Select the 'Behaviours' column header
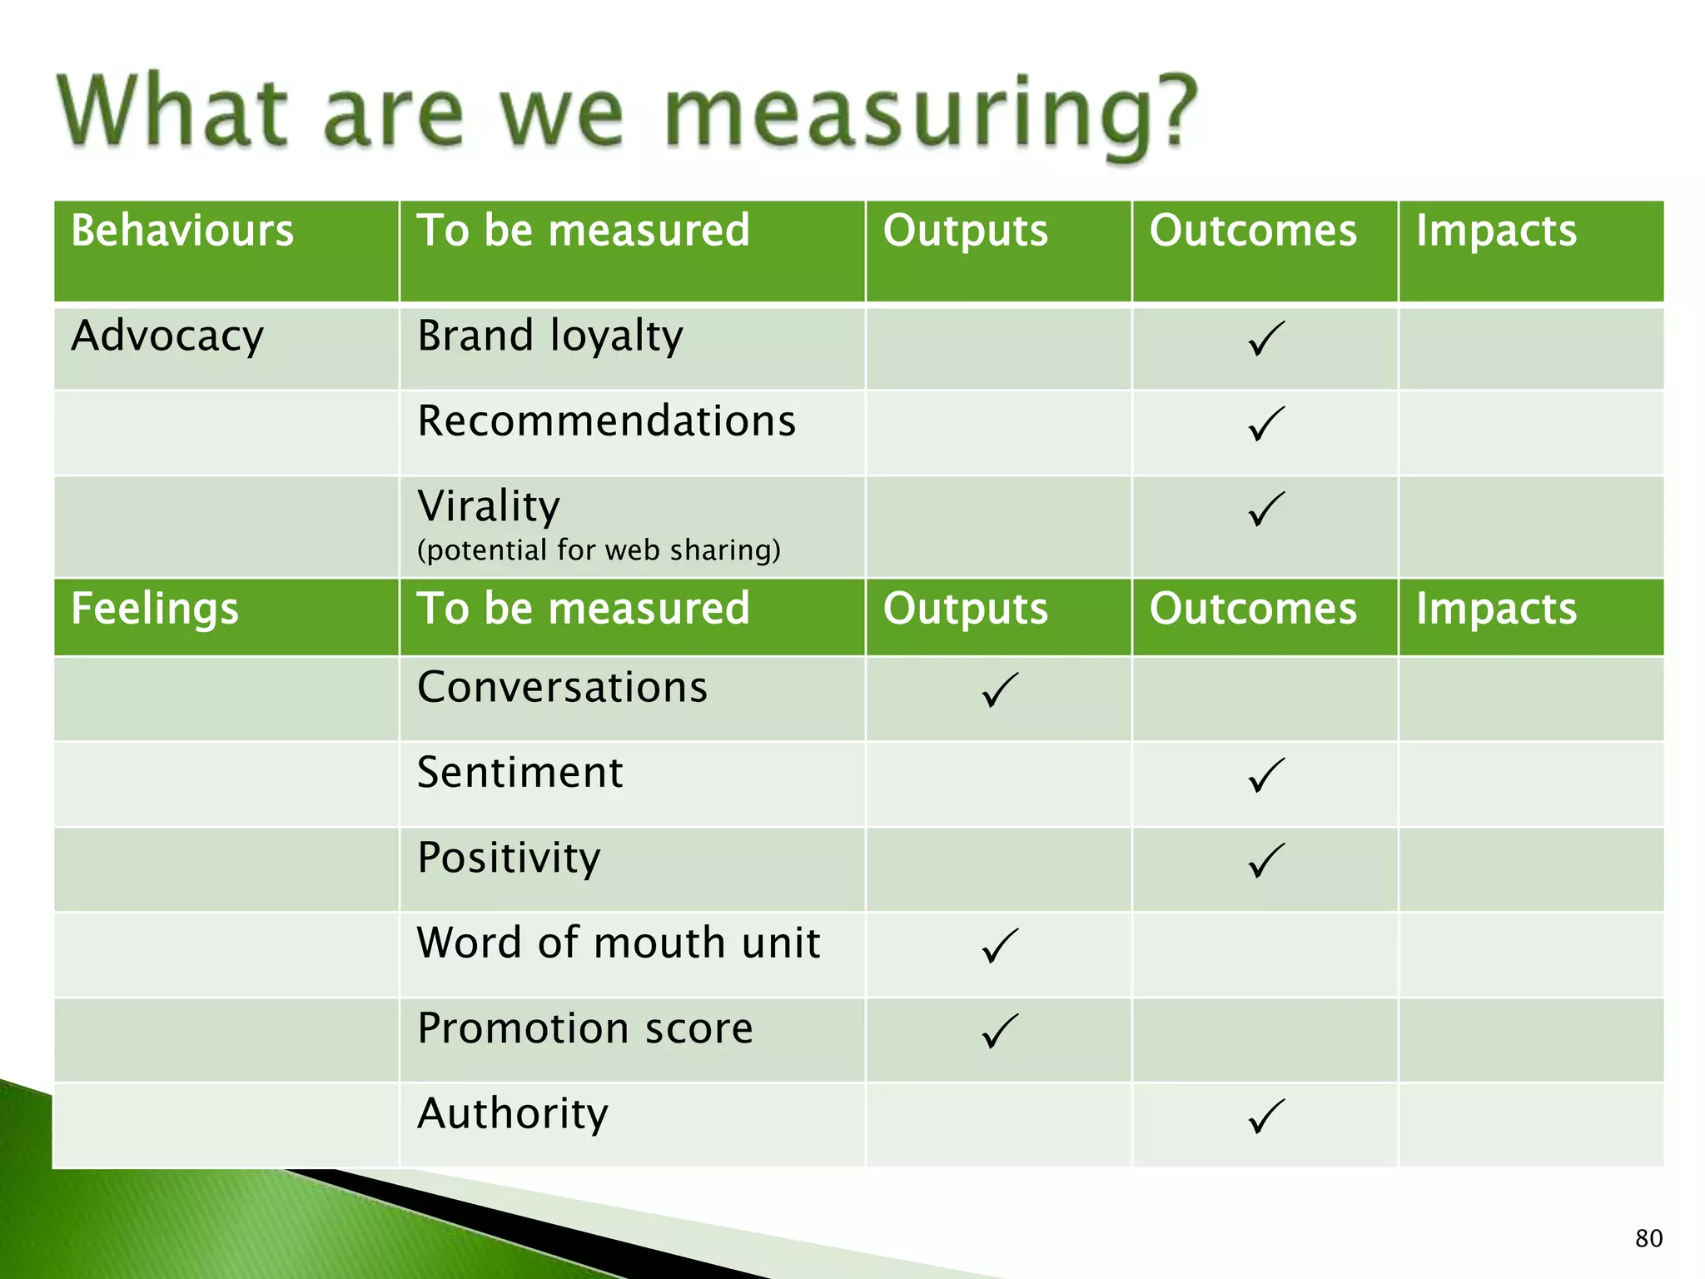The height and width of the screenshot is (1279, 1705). (x=182, y=231)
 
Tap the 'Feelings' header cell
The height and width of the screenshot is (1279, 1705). (x=155, y=609)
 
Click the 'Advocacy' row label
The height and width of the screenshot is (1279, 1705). (x=167, y=336)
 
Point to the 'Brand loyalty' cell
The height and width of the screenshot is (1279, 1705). (x=550, y=336)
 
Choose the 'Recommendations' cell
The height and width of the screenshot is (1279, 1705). (x=606, y=421)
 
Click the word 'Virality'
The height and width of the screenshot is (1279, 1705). (x=489, y=506)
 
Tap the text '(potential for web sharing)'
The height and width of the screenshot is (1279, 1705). (x=599, y=550)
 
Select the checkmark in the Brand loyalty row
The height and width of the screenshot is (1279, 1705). (x=1265, y=339)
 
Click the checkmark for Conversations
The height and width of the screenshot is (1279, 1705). (x=999, y=690)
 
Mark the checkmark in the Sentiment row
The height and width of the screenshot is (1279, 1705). (x=1265, y=775)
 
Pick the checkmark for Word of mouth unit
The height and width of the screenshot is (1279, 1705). (x=999, y=946)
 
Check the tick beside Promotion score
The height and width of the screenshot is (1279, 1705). (x=999, y=1031)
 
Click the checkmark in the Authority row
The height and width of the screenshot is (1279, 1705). (x=1265, y=1117)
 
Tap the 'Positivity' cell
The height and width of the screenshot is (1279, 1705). (x=509, y=858)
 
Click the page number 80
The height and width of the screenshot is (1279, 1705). (x=1648, y=1238)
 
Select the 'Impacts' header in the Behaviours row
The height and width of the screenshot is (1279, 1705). (x=1496, y=231)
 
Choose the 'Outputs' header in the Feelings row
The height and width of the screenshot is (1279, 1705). (x=965, y=609)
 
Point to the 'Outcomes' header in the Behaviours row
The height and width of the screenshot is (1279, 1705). (x=1253, y=231)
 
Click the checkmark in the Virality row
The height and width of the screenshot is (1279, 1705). (x=1265, y=509)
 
